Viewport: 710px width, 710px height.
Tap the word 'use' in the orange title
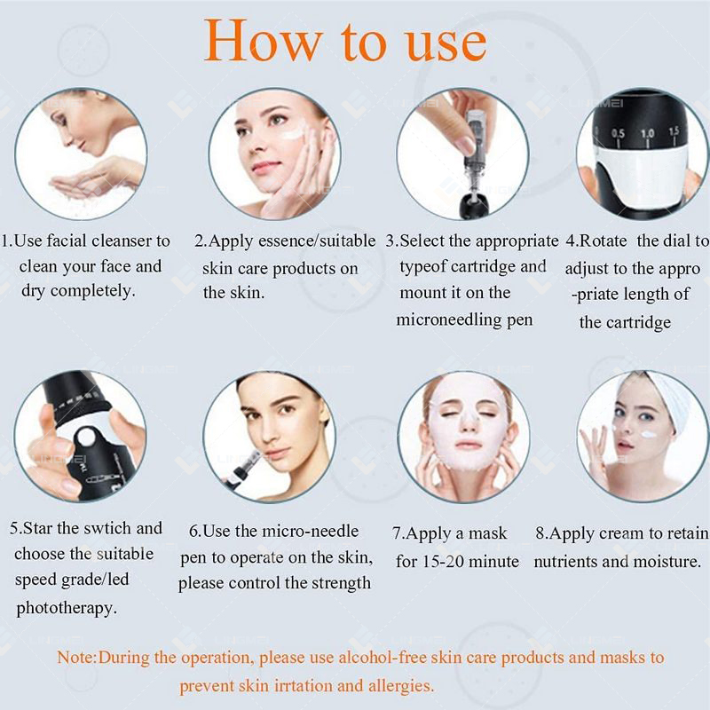pos(446,44)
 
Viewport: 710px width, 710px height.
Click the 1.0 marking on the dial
pos(647,134)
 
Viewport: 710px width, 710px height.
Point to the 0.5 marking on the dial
pos(618,134)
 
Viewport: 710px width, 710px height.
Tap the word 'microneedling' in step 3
pos(448,319)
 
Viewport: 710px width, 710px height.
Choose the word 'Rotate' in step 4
pos(603,241)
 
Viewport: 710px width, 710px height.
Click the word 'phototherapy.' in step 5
pos(67,608)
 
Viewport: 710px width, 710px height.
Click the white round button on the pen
pos(85,437)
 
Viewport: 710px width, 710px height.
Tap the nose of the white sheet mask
pos(468,419)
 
